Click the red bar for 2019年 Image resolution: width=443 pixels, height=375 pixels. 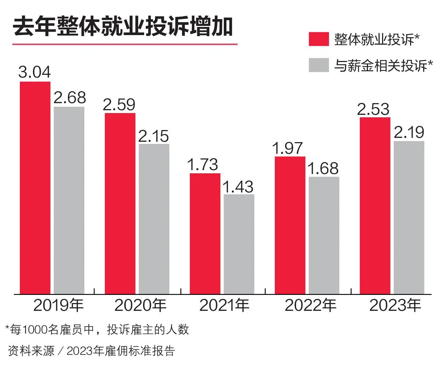[35, 187]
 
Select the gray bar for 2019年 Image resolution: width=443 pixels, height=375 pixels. [69, 200]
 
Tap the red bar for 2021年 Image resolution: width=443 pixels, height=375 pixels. [205, 234]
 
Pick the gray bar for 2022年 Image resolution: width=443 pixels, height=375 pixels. [324, 235]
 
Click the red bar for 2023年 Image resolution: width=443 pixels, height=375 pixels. [375, 206]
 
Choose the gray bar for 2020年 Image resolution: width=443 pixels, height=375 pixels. [154, 219]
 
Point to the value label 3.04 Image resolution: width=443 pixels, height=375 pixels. [35, 72]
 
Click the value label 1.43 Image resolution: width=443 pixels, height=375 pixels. [239, 187]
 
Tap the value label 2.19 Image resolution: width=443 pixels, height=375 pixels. [409, 133]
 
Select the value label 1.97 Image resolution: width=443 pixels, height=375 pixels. [288, 148]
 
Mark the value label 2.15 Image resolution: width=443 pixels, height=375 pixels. [154, 136]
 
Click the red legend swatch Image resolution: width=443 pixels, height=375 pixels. [319, 39]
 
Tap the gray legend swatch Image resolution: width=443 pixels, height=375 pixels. [319, 65]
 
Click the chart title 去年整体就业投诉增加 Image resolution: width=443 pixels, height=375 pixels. [123, 27]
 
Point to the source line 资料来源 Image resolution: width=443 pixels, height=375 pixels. [91, 351]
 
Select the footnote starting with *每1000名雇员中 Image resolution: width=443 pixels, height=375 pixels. [97, 330]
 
